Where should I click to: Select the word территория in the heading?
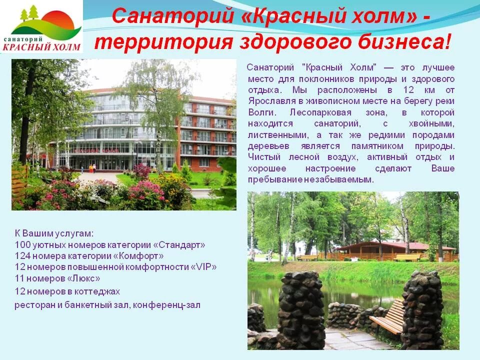point(162,42)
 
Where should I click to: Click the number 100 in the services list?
point(23,245)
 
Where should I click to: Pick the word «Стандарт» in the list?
point(179,245)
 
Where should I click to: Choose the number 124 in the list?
point(23,256)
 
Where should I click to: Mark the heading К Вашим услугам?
point(54,233)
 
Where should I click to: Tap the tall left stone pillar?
point(301,310)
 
